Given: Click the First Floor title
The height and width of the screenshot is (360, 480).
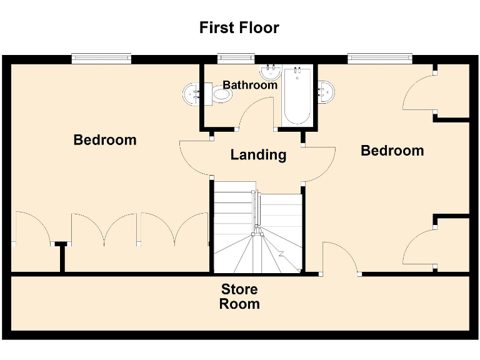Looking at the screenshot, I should tap(239, 28).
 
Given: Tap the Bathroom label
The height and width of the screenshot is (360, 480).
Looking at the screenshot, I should tap(250, 85).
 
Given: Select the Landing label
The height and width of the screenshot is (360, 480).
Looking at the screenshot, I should tap(258, 154).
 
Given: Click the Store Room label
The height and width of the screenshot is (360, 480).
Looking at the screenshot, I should tap(240, 297).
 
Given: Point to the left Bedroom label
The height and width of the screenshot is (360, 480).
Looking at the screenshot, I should tap(105, 139).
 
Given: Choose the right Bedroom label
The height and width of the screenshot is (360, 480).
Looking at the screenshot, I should tap(392, 151).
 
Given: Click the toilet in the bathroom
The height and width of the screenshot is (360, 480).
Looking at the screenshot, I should tap(221, 95).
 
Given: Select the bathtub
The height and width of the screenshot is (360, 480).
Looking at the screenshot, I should tap(296, 96).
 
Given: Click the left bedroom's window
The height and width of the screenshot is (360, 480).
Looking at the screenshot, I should tap(101, 59).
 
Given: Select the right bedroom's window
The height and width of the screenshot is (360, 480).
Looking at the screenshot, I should tap(381, 59).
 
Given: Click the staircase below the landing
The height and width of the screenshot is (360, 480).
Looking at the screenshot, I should tap(258, 231).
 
